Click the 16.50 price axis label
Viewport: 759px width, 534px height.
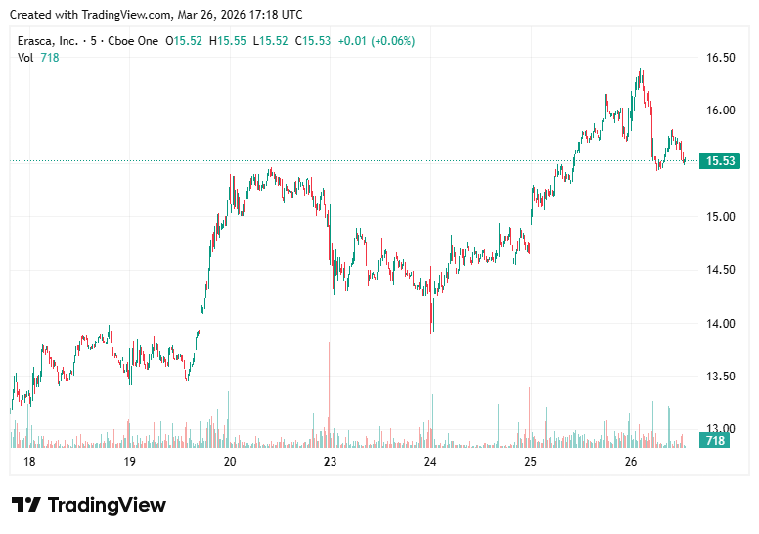pos(721,58)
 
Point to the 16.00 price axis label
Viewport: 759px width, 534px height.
pos(721,111)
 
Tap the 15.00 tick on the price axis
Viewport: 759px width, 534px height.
pos(721,217)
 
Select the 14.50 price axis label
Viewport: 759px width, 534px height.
pos(721,270)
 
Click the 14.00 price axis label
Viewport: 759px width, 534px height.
pos(721,324)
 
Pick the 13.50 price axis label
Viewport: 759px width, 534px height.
pos(721,377)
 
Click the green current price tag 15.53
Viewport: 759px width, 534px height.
pos(719,161)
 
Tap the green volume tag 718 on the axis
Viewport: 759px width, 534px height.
pos(715,441)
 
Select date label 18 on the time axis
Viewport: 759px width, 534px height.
pos(29,462)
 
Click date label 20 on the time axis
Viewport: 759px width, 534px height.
pos(230,462)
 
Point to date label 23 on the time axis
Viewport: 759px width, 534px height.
pos(330,462)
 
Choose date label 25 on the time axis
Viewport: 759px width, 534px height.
pos(530,462)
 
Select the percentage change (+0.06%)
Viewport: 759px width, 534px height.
pos(391,41)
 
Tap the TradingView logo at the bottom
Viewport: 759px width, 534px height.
pos(89,505)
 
